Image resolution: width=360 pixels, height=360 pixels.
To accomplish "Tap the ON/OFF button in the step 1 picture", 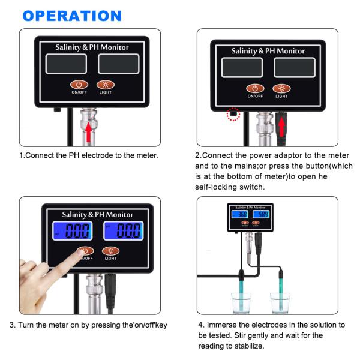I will point(79,85).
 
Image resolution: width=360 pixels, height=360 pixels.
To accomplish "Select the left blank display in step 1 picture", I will point(65,64).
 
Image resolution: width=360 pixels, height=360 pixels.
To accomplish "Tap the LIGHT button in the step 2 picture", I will point(281,89).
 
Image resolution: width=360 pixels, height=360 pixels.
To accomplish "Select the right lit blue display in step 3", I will point(124,230).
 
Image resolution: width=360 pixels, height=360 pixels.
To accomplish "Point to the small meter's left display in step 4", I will point(242,214).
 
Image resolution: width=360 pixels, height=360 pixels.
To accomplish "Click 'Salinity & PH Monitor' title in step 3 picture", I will point(98,214).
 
